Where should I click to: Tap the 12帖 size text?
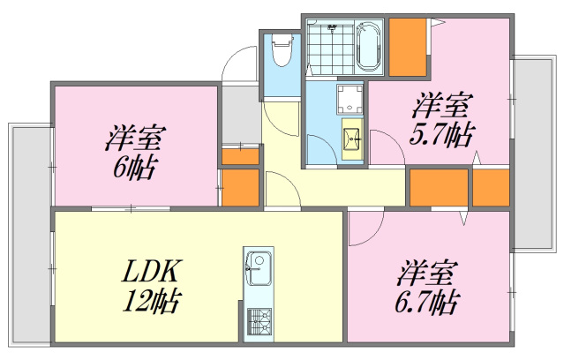(152, 302)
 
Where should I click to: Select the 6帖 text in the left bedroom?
(134, 168)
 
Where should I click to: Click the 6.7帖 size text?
(427, 302)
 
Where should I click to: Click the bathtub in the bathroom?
(367, 45)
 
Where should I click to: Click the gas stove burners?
(259, 321)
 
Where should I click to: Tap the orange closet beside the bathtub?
(406, 46)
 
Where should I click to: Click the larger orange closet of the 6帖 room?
(238, 187)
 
